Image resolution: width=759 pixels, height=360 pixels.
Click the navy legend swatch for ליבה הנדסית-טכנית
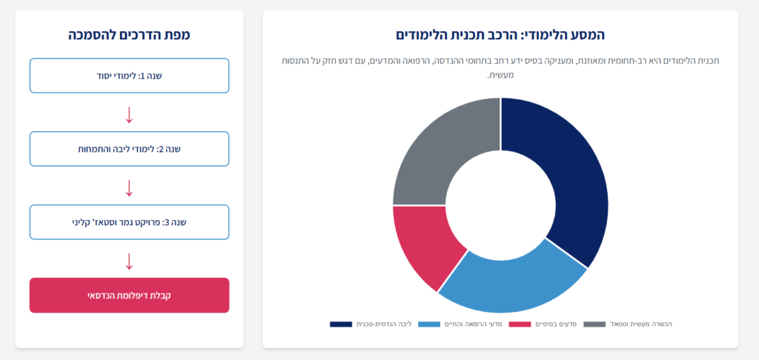[341, 324]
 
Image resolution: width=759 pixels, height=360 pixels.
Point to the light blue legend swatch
[429, 324]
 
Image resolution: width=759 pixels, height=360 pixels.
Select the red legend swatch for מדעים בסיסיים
[520, 324]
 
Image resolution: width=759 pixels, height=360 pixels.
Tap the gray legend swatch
[594, 324]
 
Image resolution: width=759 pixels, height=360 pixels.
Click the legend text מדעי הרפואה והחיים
[474, 324]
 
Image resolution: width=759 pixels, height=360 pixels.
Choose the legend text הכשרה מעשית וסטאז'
[641, 324]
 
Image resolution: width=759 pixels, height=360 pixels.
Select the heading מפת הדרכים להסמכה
[129, 35]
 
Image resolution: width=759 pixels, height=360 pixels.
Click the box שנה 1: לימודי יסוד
[129, 76]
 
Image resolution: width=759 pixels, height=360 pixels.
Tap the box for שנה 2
[129, 149]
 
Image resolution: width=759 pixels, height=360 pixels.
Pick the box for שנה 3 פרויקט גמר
[129, 222]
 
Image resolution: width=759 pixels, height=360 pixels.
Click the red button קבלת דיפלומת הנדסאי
[129, 295]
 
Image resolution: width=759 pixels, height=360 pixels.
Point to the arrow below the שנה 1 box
[129, 115]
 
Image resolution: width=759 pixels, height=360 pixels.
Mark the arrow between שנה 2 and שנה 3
[129, 188]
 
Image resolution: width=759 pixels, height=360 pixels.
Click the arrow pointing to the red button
[129, 261]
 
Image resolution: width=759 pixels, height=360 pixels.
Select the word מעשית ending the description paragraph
[500, 76]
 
